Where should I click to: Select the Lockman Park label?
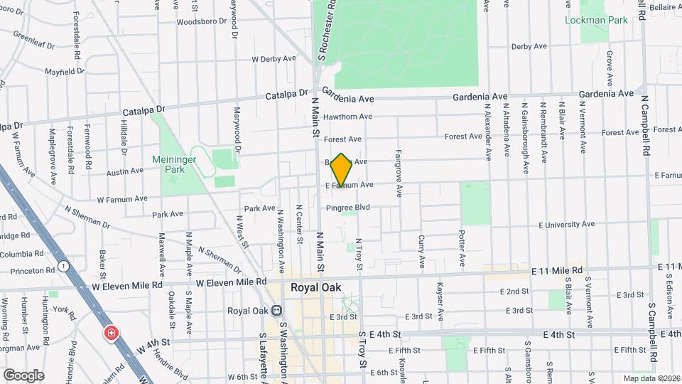pyautogui.click(x=596, y=20)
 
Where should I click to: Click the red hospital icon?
pyautogui.click(x=111, y=334)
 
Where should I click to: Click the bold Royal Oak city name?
pyautogui.click(x=315, y=288)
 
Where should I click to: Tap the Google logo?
pyautogui.click(x=23, y=375)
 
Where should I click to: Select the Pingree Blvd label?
pyautogui.click(x=349, y=208)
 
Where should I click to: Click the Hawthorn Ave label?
pyautogui.click(x=347, y=117)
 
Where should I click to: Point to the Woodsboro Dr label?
pyautogui.click(x=196, y=21)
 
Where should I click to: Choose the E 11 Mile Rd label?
pyautogui.click(x=557, y=271)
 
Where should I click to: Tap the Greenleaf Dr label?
pyautogui.click(x=33, y=41)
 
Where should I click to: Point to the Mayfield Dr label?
pyautogui.click(x=64, y=72)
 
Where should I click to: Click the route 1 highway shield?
pyautogui.click(x=64, y=266)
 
